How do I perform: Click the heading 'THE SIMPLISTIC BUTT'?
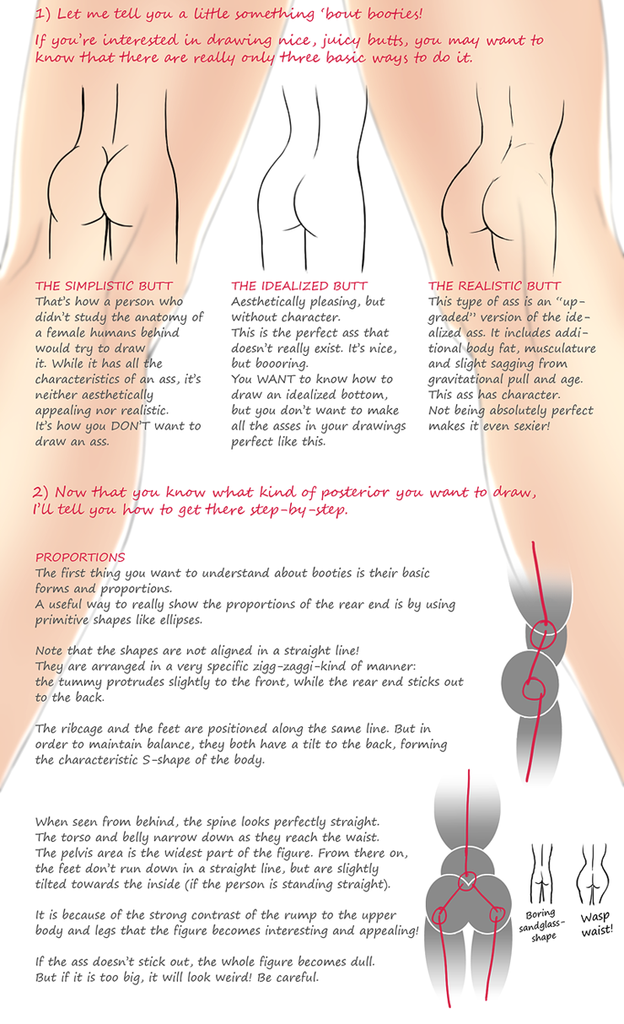click(x=104, y=286)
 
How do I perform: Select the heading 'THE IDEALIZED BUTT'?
click(x=299, y=286)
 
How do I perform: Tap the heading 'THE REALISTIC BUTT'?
click(x=495, y=286)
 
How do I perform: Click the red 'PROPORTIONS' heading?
click(x=80, y=558)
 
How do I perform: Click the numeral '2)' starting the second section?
click(x=40, y=493)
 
